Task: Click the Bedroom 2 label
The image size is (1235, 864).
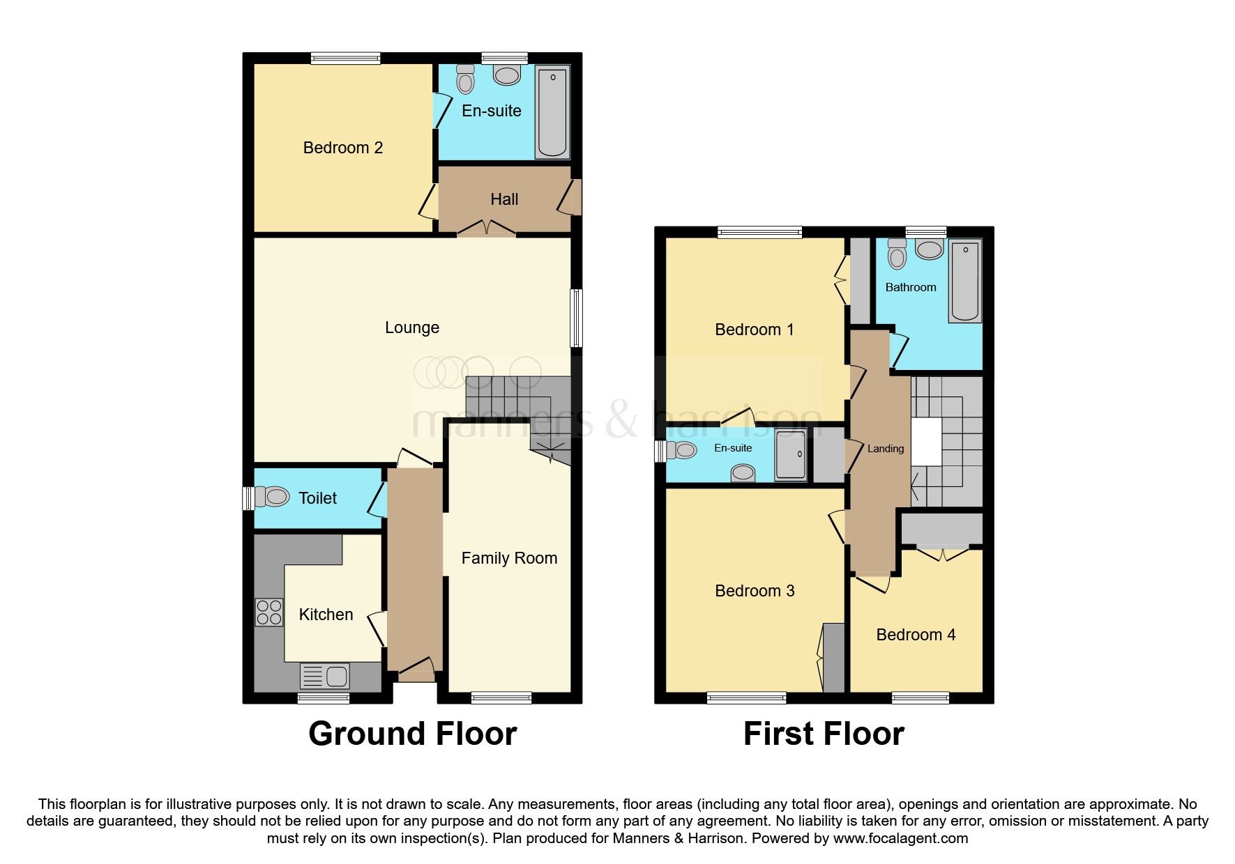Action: tap(342, 148)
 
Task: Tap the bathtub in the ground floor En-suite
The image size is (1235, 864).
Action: tap(552, 112)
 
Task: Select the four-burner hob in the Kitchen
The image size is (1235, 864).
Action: tap(269, 612)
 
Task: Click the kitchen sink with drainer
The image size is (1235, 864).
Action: tap(325, 676)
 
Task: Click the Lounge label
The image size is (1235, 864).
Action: tap(411, 327)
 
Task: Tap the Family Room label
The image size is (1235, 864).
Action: tap(509, 558)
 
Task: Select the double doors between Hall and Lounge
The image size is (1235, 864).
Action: tap(487, 229)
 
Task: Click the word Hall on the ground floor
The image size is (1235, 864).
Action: tap(503, 200)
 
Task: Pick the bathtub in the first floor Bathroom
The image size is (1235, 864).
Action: tap(965, 280)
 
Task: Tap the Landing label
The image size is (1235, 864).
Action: tap(885, 449)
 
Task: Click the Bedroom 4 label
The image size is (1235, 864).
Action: tap(915, 635)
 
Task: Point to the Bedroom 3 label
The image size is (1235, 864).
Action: tap(755, 591)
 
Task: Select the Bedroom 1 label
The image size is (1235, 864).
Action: tap(754, 330)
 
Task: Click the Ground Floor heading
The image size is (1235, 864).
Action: tap(412, 734)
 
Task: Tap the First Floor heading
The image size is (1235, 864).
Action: tap(824, 734)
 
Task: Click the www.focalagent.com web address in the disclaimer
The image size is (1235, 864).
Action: tap(900, 838)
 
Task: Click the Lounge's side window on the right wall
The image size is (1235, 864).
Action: tap(577, 318)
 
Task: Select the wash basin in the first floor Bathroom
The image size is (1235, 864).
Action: tap(929, 249)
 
